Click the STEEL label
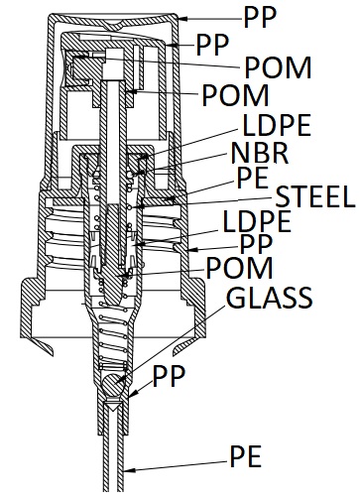click(315, 196)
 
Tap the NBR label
click(260, 153)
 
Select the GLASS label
click(270, 298)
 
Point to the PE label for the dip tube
click(246, 456)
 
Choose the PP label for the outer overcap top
click(260, 18)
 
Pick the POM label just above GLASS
click(239, 268)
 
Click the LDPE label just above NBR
click(277, 125)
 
